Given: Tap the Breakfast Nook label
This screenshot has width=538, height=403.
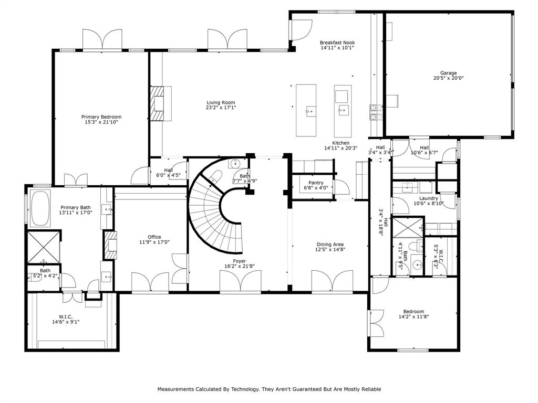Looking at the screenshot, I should (337, 43).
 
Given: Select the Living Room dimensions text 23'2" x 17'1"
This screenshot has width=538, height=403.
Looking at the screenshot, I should (221, 108).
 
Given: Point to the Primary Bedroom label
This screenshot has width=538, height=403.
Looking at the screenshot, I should (101, 117).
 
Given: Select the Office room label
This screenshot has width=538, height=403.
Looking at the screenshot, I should (154, 237).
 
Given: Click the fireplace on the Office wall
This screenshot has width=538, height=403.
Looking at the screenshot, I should (110, 245).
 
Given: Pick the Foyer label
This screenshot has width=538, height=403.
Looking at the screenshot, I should (240, 261).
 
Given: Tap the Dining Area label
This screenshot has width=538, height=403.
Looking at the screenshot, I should (330, 244).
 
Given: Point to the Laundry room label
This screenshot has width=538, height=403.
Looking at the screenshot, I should (429, 198).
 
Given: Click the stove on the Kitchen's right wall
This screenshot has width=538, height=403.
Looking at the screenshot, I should (376, 112).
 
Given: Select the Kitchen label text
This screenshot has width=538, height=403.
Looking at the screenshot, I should (340, 143).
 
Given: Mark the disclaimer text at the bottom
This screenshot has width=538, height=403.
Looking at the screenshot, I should (269, 389).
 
